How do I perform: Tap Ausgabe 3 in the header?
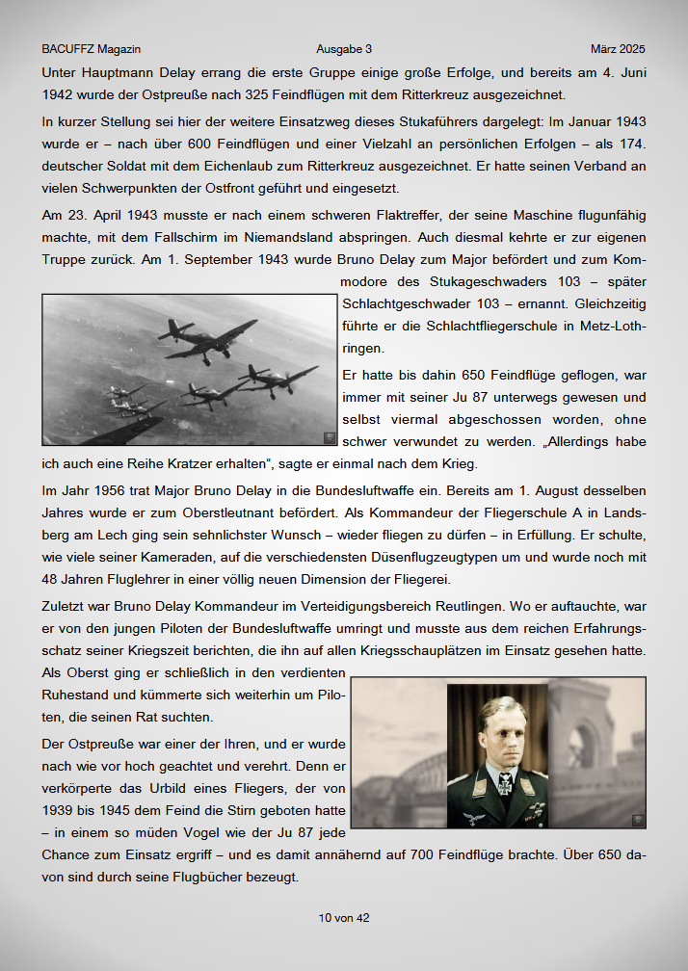click(344, 48)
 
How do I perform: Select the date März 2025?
click(618, 48)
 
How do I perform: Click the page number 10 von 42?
click(344, 918)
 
